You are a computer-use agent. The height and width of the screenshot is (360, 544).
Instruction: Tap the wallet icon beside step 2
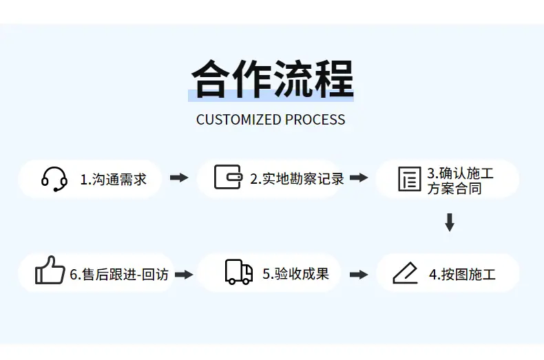click(x=228, y=177)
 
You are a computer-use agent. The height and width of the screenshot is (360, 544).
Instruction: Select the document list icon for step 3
click(x=410, y=179)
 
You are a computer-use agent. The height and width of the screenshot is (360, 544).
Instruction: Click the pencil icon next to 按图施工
click(x=405, y=273)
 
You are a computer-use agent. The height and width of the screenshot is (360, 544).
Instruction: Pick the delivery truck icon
click(x=239, y=272)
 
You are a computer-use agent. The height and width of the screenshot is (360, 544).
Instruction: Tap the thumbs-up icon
click(x=50, y=271)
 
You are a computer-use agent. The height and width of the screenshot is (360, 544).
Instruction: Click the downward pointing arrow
click(x=450, y=222)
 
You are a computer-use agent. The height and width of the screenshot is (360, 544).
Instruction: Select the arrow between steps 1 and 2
click(x=179, y=178)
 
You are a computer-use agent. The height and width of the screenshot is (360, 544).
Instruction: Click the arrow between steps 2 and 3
click(x=359, y=178)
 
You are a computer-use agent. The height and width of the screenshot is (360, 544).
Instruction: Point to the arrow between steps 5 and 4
click(x=359, y=275)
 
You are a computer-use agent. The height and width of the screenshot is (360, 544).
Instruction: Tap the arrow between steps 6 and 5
click(x=184, y=275)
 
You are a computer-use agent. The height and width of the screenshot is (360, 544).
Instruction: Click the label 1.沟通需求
click(x=114, y=180)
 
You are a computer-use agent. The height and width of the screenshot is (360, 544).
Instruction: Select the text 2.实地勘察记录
click(x=297, y=179)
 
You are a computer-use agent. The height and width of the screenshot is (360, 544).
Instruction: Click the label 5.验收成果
click(x=295, y=274)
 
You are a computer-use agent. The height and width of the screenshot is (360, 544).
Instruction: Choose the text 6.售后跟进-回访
click(x=119, y=275)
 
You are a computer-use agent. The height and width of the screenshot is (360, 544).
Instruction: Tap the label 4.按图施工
click(x=463, y=275)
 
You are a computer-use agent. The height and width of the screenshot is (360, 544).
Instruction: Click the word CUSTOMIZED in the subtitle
click(x=239, y=120)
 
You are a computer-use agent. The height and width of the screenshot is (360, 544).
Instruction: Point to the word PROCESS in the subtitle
click(x=315, y=120)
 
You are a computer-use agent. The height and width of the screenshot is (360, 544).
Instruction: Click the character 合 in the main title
click(x=211, y=78)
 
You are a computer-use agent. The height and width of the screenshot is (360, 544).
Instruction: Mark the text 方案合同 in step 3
click(x=454, y=189)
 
